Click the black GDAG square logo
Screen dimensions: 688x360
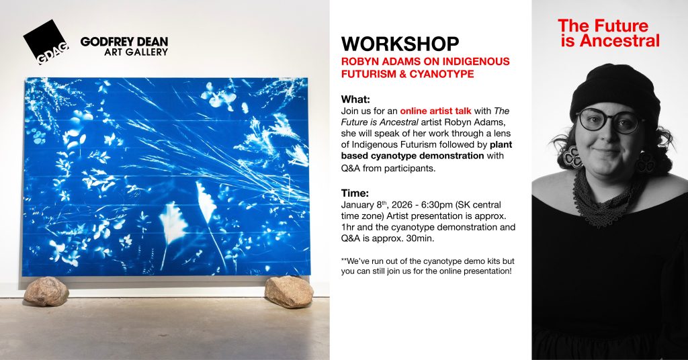point(46,42)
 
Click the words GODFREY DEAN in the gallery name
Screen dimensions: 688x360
point(124,42)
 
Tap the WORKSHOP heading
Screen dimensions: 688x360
point(400,44)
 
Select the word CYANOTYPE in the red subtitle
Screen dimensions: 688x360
point(442,74)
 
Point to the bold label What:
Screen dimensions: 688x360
point(356,99)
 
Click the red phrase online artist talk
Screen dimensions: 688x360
point(435,111)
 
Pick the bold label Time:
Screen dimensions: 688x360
point(355,193)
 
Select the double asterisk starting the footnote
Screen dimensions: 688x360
point(343,260)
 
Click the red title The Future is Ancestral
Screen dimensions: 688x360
point(609,34)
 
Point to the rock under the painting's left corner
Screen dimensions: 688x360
point(46,291)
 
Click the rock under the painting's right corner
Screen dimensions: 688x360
point(289,291)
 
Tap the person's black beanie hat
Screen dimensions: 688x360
point(615,90)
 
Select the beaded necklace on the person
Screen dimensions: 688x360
point(605,198)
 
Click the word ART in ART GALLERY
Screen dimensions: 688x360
point(113,52)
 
